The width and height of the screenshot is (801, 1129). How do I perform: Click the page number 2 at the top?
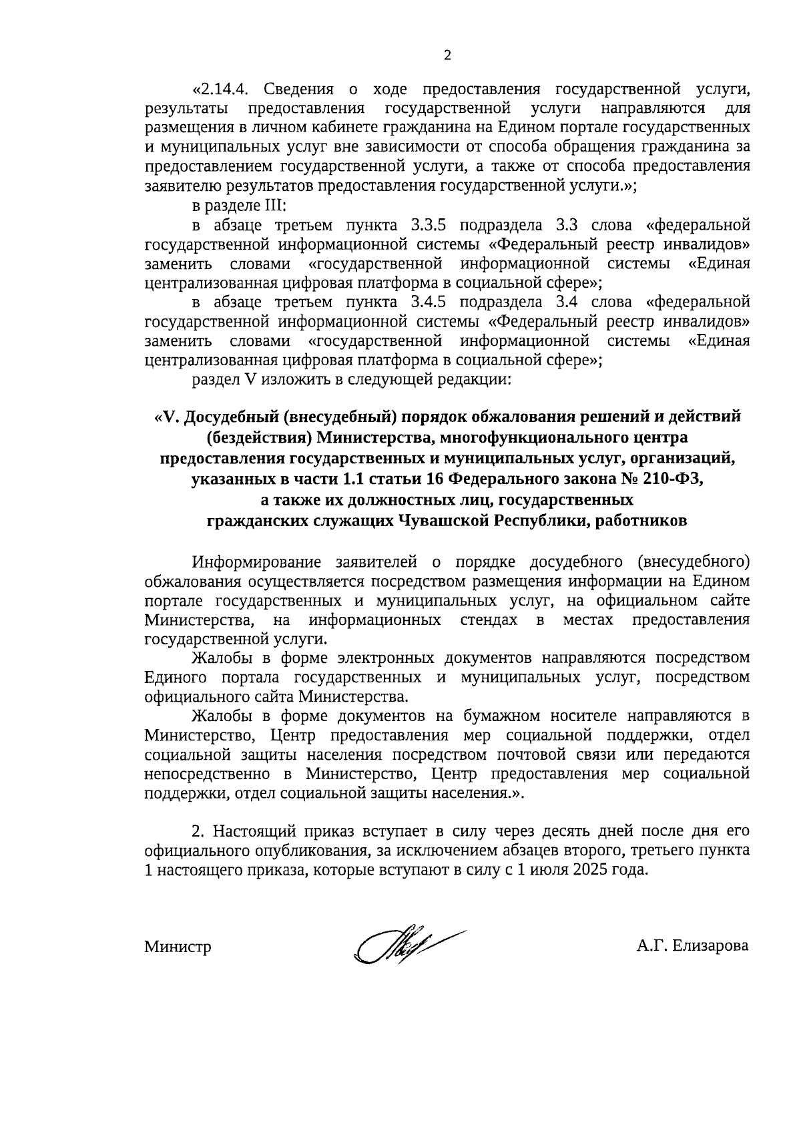[447, 55]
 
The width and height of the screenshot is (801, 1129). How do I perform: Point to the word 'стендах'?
[489, 620]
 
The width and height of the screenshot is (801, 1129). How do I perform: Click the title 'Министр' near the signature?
[178, 947]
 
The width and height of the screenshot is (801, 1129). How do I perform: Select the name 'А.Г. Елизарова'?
[692, 946]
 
